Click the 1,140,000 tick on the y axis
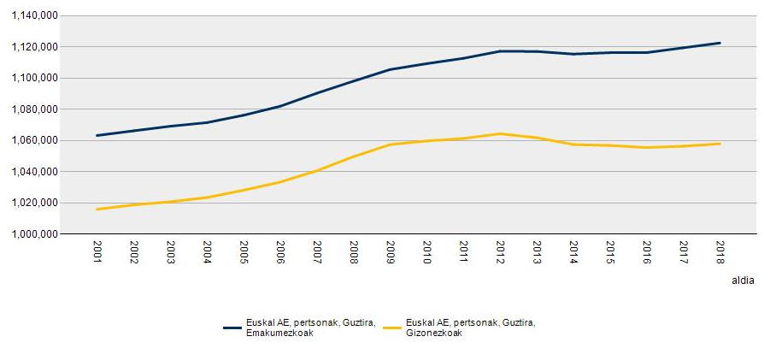pyautogui.click(x=33, y=15)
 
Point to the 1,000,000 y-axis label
pyautogui.click(x=33, y=234)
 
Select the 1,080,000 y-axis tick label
pyautogui.click(x=33, y=109)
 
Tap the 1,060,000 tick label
pyautogui.click(x=33, y=140)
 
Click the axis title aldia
pyautogui.click(x=742, y=280)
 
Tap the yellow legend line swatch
pyautogui.click(x=393, y=328)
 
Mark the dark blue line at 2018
pyautogui.click(x=720, y=43)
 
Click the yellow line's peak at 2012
pyautogui.click(x=500, y=133)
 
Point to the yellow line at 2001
pyautogui.click(x=97, y=209)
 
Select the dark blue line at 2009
pyautogui.click(x=390, y=69)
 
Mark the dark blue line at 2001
pyautogui.click(x=97, y=135)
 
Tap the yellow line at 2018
pyautogui.click(x=720, y=144)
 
